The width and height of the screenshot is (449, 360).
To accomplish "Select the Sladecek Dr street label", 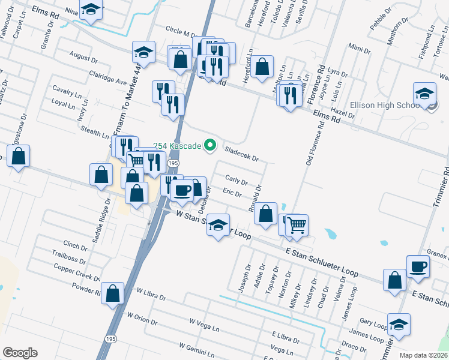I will click(241, 154).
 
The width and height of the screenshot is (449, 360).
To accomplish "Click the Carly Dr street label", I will click(236, 181).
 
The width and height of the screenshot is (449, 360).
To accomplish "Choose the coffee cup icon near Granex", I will click(418, 266).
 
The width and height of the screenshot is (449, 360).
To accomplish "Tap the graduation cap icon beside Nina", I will click(91, 9).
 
